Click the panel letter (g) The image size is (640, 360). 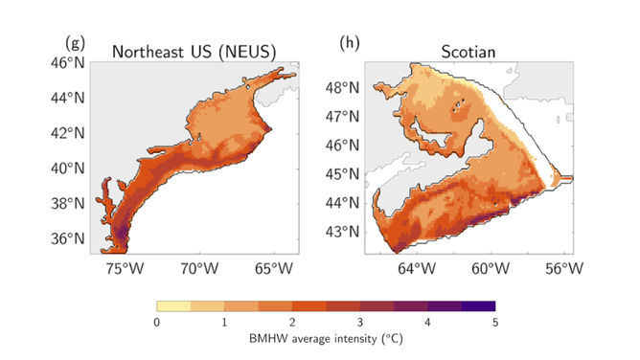[74, 43]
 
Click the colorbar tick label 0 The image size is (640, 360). [156, 323]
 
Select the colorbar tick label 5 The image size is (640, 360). [495, 323]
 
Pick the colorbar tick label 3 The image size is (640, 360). [359, 323]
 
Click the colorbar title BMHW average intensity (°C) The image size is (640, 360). [326, 339]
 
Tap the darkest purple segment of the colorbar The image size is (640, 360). [478, 306]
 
